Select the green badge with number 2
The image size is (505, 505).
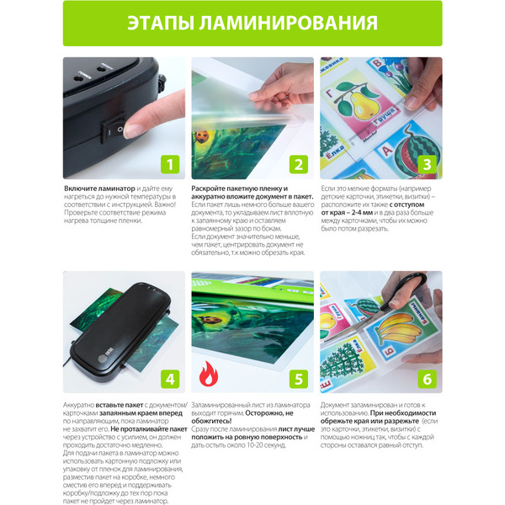[298, 164]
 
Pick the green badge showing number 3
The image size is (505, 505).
[427, 164]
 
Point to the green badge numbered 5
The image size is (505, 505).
[298, 379]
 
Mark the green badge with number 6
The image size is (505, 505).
[427, 379]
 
